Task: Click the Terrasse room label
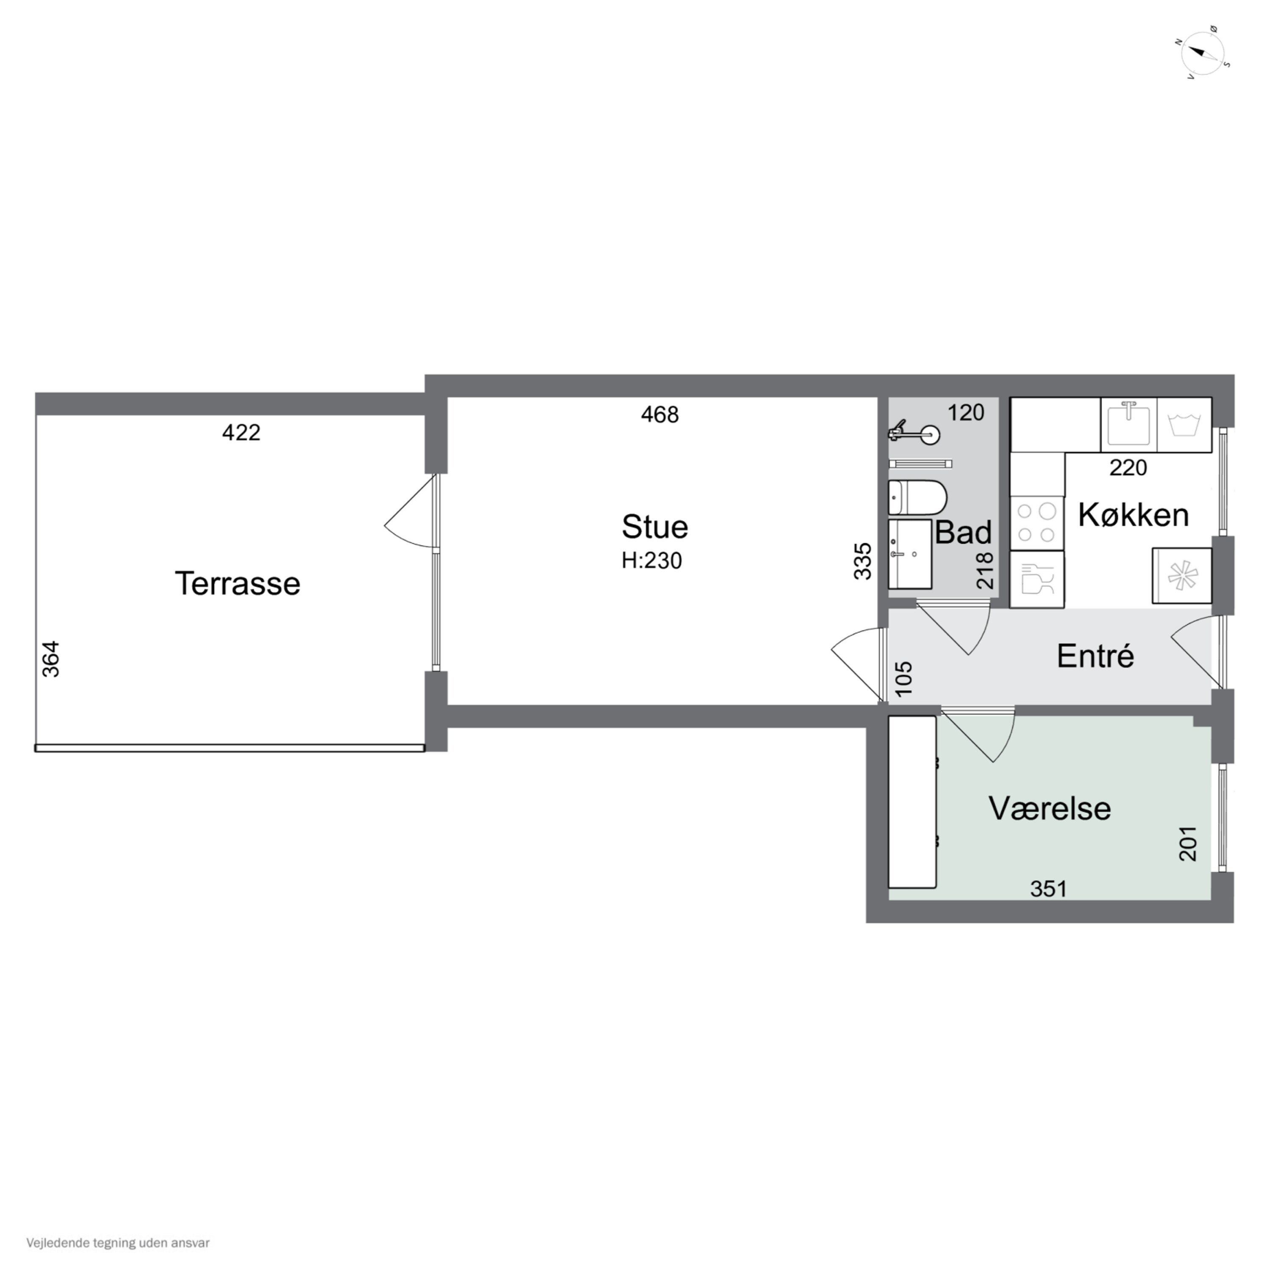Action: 237,583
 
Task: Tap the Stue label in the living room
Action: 655,527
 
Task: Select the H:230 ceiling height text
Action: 652,561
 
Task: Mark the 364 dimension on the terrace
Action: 51,659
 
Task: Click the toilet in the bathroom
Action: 917,497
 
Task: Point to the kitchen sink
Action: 1129,425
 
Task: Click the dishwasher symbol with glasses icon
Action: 1037,579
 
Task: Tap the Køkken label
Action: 1133,515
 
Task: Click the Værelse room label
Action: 1050,809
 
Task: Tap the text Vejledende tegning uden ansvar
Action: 119,1243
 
